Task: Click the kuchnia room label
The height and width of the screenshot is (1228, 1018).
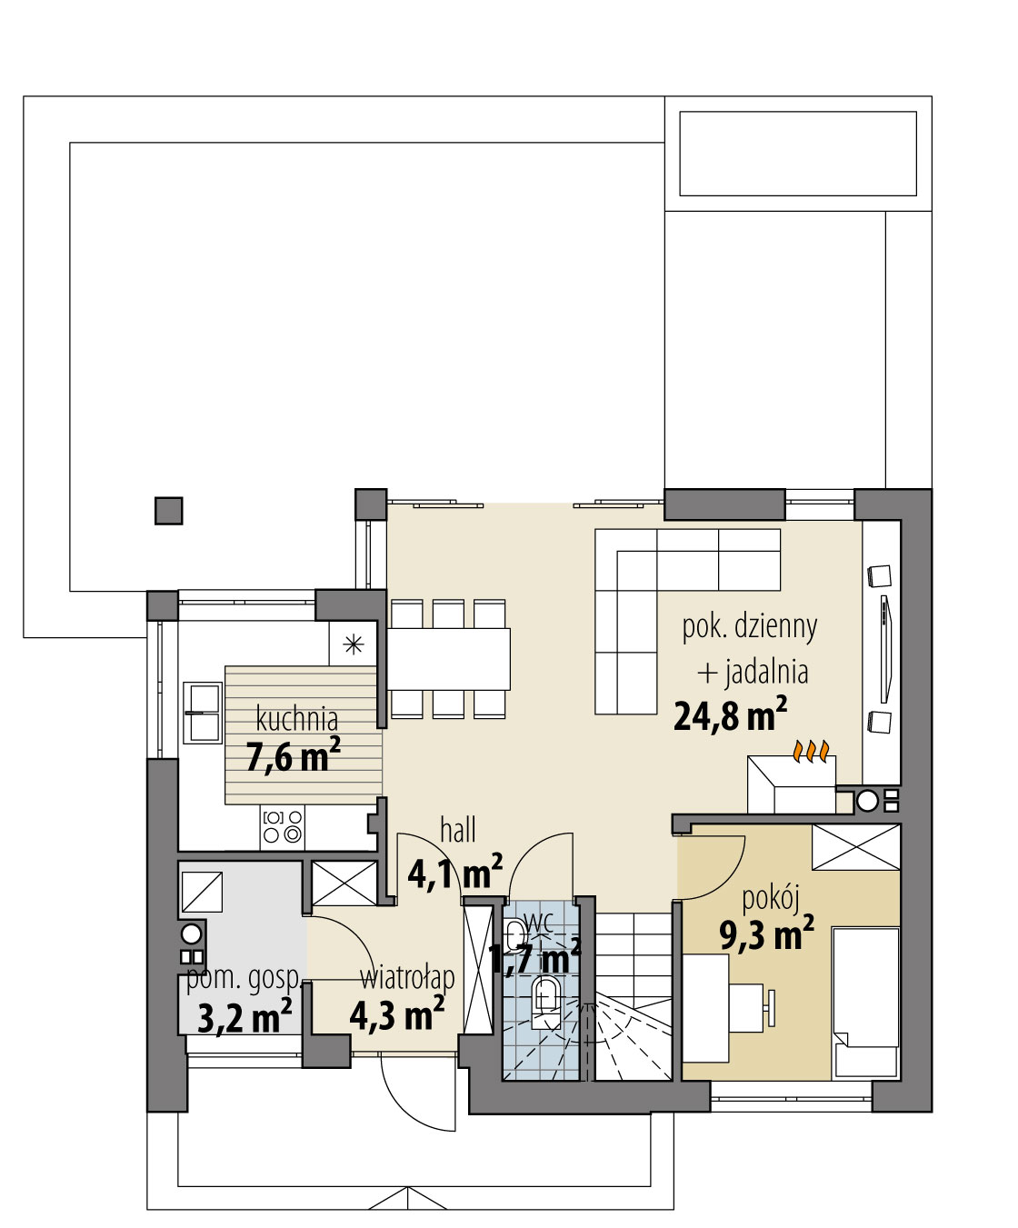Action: coord(297,719)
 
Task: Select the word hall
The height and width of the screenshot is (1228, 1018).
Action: coord(458,830)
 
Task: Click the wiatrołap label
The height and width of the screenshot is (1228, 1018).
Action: coord(407,978)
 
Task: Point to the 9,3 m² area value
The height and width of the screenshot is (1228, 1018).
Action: coord(767,933)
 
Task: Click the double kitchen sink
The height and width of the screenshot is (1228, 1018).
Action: coord(203,713)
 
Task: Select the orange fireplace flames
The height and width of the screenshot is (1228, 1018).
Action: coord(811,752)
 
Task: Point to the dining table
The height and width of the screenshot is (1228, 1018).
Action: coord(448,659)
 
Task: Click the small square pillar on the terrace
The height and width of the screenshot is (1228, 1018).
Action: coord(169,511)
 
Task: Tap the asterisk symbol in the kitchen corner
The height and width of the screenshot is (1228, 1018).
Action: coord(353,644)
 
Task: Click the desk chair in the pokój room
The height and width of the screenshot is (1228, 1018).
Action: coord(751,1007)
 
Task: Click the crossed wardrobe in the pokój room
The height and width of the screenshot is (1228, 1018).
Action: coord(856,847)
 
